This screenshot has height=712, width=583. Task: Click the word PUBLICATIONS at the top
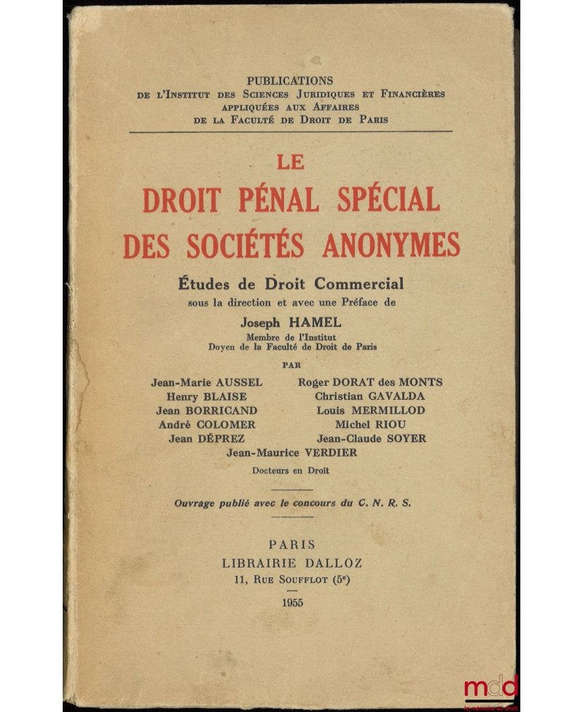point(290,81)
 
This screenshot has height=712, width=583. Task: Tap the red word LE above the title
point(291,162)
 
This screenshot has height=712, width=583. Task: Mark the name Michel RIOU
point(370,424)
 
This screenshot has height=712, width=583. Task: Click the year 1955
point(291,603)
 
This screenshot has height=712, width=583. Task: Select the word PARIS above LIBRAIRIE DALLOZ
point(291,543)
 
